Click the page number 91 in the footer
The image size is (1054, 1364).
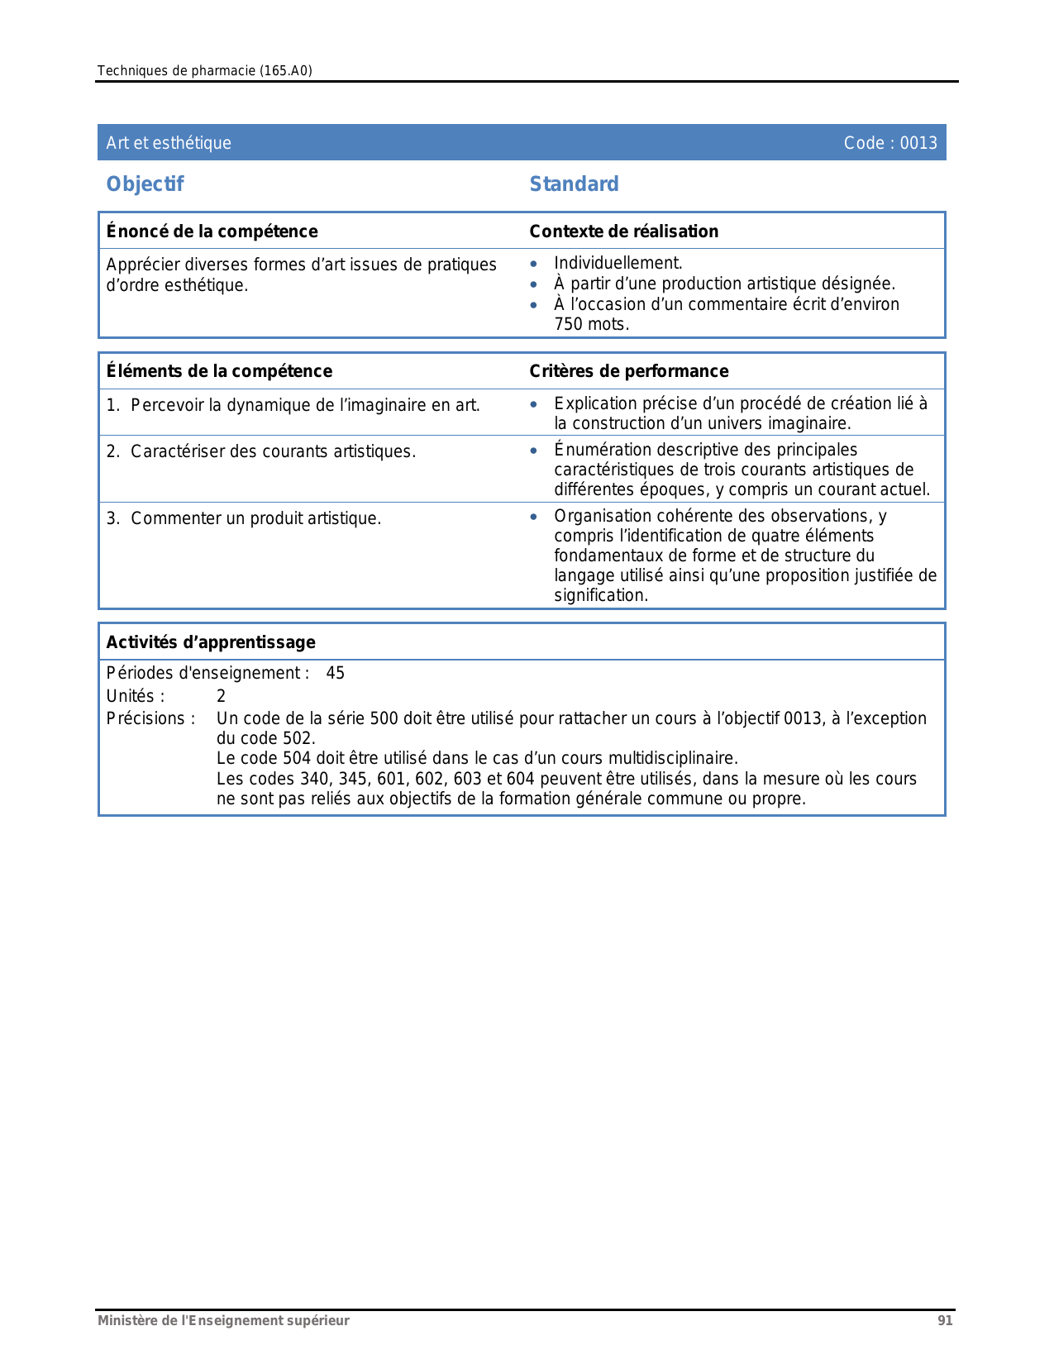(x=945, y=1321)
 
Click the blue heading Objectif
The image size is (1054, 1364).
(x=145, y=184)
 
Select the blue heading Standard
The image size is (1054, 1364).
(x=574, y=184)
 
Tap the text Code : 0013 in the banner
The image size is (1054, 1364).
(x=889, y=143)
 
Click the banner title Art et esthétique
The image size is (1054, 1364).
(x=169, y=143)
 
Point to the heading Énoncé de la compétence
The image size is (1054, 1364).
(x=212, y=231)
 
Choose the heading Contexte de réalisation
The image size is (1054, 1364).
(x=623, y=231)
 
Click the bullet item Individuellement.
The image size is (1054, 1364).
(x=618, y=263)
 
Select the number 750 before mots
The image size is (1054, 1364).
(x=568, y=324)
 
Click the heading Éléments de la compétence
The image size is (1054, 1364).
(x=219, y=371)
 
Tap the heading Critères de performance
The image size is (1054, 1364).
(x=628, y=371)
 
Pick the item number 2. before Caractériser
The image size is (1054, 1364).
(x=113, y=451)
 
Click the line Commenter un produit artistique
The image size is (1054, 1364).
(x=255, y=518)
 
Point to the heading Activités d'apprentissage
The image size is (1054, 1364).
(x=211, y=642)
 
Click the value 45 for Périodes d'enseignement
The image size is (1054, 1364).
(x=335, y=673)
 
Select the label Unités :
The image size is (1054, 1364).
(x=136, y=696)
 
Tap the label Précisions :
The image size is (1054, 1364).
(x=150, y=718)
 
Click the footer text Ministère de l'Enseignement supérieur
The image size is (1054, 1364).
(x=223, y=1321)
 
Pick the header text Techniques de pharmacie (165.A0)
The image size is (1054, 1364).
(x=204, y=71)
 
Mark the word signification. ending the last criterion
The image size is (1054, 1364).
(x=601, y=595)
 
